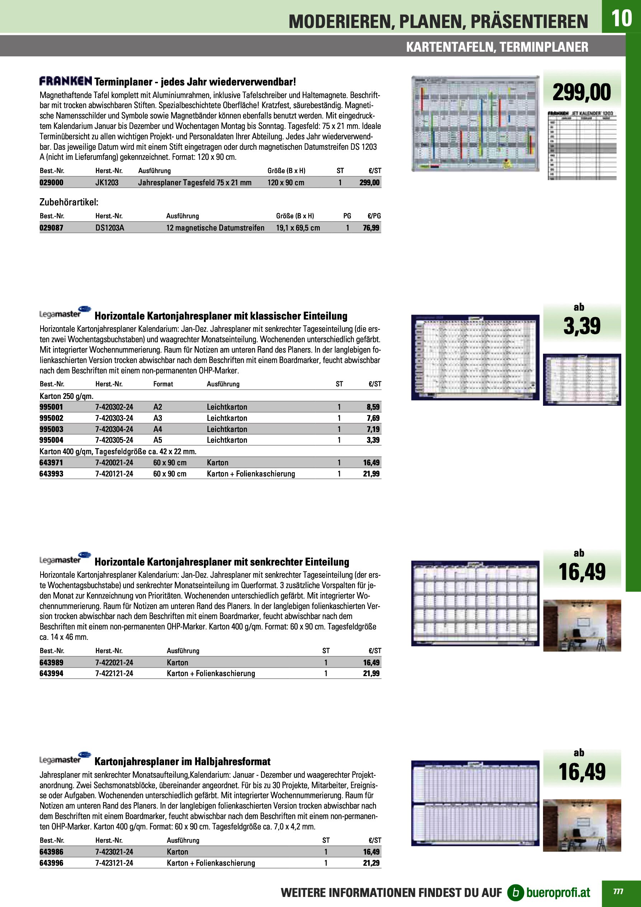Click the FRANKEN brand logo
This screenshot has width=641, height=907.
click(x=66, y=82)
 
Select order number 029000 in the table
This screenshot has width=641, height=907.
click(x=51, y=182)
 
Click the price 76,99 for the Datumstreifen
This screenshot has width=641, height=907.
click(x=371, y=228)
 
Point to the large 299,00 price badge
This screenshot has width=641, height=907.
click(x=581, y=92)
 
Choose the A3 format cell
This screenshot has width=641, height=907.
click(x=158, y=418)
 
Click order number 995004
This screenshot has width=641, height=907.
click(x=51, y=440)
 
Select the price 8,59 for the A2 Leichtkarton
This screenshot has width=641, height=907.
click(x=373, y=407)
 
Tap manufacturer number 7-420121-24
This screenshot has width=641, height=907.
click(x=114, y=474)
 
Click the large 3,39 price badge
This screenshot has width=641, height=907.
click(x=581, y=326)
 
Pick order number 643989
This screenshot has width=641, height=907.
click(x=51, y=662)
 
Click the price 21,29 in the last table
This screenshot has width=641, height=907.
click(x=371, y=863)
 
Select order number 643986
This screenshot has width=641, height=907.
click(x=51, y=852)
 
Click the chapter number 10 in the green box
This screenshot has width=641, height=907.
click(x=621, y=18)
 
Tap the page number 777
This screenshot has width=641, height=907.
click(x=618, y=891)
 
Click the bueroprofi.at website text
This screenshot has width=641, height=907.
click(x=558, y=892)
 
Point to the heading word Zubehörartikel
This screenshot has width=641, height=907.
click(x=69, y=202)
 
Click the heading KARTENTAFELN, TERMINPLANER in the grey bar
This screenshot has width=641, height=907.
click(x=497, y=47)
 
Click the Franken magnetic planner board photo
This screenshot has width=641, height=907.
click(x=475, y=124)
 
